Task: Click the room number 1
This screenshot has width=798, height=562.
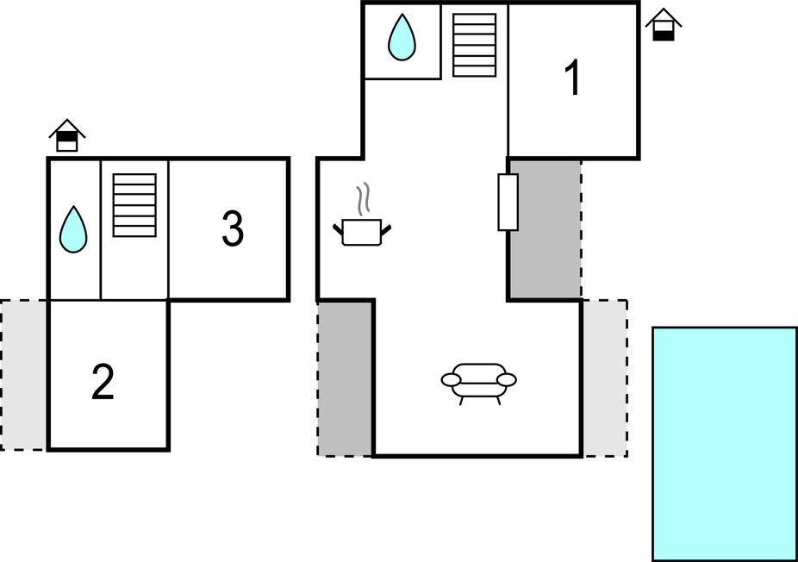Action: [x=572, y=78]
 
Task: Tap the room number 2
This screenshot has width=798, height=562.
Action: [x=103, y=383]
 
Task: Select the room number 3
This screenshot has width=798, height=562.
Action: [x=232, y=228]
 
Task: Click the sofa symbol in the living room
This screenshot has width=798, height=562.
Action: [x=478, y=380]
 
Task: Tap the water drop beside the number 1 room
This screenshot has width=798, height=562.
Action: [x=402, y=39]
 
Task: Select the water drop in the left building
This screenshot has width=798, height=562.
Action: [x=73, y=229]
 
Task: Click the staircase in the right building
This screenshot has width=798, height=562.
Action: [x=475, y=45]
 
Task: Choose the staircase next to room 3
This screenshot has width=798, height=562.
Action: [x=134, y=205]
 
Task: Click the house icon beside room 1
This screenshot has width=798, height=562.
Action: [x=663, y=25]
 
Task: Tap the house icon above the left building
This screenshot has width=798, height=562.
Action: [x=67, y=135]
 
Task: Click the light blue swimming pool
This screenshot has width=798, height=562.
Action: [x=724, y=444]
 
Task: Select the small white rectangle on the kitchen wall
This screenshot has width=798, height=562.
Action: [x=508, y=203]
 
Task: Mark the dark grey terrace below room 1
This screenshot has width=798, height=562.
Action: [x=545, y=228]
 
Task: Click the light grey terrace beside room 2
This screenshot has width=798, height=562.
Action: [x=24, y=374]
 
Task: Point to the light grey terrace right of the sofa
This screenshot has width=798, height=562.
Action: [x=604, y=378]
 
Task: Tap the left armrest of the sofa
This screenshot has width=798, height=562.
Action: [x=452, y=379]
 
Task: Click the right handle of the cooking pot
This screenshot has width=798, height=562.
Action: [x=387, y=228]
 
